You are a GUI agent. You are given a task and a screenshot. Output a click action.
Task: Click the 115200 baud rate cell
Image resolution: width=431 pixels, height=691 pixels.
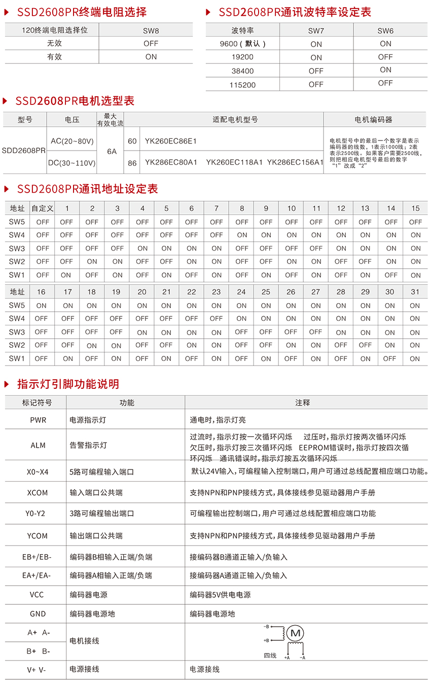point(242,85)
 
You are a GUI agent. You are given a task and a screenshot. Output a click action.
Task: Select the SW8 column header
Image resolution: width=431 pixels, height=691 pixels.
point(151,30)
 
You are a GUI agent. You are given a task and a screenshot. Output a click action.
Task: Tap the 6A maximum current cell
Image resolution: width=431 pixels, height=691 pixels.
point(112,151)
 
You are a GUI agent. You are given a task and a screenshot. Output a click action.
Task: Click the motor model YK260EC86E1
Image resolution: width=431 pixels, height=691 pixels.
point(171,140)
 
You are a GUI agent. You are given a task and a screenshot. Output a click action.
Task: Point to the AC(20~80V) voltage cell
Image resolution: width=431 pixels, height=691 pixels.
point(73,141)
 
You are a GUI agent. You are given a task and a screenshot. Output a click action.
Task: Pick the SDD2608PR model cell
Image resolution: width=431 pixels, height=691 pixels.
point(24,151)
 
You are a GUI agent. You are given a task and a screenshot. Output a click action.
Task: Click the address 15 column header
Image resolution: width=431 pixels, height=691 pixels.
point(415,208)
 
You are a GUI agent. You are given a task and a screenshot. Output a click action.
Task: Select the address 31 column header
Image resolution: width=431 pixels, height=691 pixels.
point(415,292)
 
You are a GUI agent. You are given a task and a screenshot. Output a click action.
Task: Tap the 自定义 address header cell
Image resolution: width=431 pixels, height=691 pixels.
point(43,208)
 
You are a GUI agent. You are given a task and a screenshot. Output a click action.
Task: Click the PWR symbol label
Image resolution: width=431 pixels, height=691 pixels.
point(38,420)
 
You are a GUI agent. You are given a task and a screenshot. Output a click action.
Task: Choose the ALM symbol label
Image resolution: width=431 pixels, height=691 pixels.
point(38,445)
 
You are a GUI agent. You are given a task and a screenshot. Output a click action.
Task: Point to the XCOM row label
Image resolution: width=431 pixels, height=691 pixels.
point(38,492)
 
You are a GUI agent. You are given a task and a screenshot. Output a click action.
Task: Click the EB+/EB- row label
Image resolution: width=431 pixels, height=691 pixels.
point(37,557)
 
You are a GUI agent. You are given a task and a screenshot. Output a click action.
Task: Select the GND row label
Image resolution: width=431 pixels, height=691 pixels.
point(38,613)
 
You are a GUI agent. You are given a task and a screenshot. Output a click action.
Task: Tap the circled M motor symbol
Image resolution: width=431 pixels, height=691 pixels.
point(295,633)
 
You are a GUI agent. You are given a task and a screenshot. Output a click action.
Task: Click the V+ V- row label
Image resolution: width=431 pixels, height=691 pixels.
point(37,669)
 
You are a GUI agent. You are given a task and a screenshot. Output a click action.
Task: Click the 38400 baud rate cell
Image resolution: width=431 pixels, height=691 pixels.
point(242,71)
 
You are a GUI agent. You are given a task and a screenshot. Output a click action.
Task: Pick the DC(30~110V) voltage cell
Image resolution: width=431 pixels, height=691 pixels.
point(73,163)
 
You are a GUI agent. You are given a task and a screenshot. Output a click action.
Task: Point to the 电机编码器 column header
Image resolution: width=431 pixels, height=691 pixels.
point(374,120)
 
